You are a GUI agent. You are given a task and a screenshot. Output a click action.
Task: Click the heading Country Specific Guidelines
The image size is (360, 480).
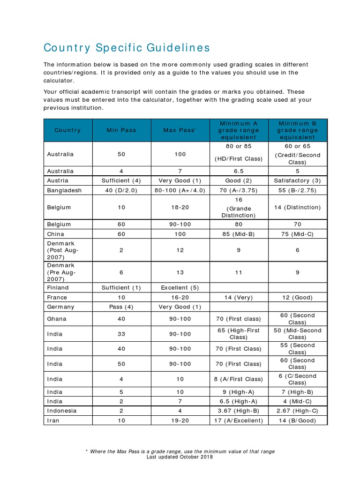click(x=127, y=48)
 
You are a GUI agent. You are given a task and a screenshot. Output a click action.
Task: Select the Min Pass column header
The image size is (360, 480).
click(x=121, y=130)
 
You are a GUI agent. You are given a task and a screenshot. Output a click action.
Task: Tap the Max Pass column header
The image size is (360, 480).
click(x=180, y=130)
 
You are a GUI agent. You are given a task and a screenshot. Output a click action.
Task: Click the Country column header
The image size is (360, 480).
click(x=67, y=130)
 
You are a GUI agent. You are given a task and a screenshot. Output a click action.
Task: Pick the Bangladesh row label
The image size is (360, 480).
click(x=64, y=190)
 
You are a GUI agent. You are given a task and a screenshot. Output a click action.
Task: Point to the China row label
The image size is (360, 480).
click(x=56, y=234)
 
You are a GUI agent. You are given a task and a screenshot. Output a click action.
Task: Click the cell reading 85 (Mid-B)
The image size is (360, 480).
click(x=239, y=234)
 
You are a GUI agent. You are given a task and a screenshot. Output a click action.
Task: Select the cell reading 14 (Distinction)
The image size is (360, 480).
click(x=297, y=207)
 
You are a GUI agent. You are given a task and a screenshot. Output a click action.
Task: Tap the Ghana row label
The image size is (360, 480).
click(x=57, y=319)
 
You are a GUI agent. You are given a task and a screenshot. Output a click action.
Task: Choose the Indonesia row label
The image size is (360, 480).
click(x=62, y=411)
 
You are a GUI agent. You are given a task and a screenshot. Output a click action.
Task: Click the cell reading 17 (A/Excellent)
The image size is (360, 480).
click(x=239, y=420)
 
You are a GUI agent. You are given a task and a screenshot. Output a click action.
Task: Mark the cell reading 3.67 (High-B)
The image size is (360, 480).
click(x=239, y=411)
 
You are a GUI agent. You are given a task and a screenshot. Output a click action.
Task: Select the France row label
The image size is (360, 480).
click(x=57, y=297)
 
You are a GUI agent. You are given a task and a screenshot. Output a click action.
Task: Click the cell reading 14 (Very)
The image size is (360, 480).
click(x=239, y=297)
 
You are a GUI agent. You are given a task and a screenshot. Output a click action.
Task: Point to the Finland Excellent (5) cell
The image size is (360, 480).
click(x=180, y=287)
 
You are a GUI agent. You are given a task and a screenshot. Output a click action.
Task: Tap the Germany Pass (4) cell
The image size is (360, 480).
click(x=121, y=307)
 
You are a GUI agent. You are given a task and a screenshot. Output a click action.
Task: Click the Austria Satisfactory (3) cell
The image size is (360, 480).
click(x=297, y=180)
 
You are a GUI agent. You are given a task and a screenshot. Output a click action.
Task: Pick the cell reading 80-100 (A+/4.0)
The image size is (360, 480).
click(x=180, y=190)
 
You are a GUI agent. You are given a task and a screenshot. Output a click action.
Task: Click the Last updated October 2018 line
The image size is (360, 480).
click(x=180, y=457)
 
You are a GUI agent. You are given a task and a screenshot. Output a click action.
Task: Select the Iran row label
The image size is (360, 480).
click(x=53, y=420)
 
